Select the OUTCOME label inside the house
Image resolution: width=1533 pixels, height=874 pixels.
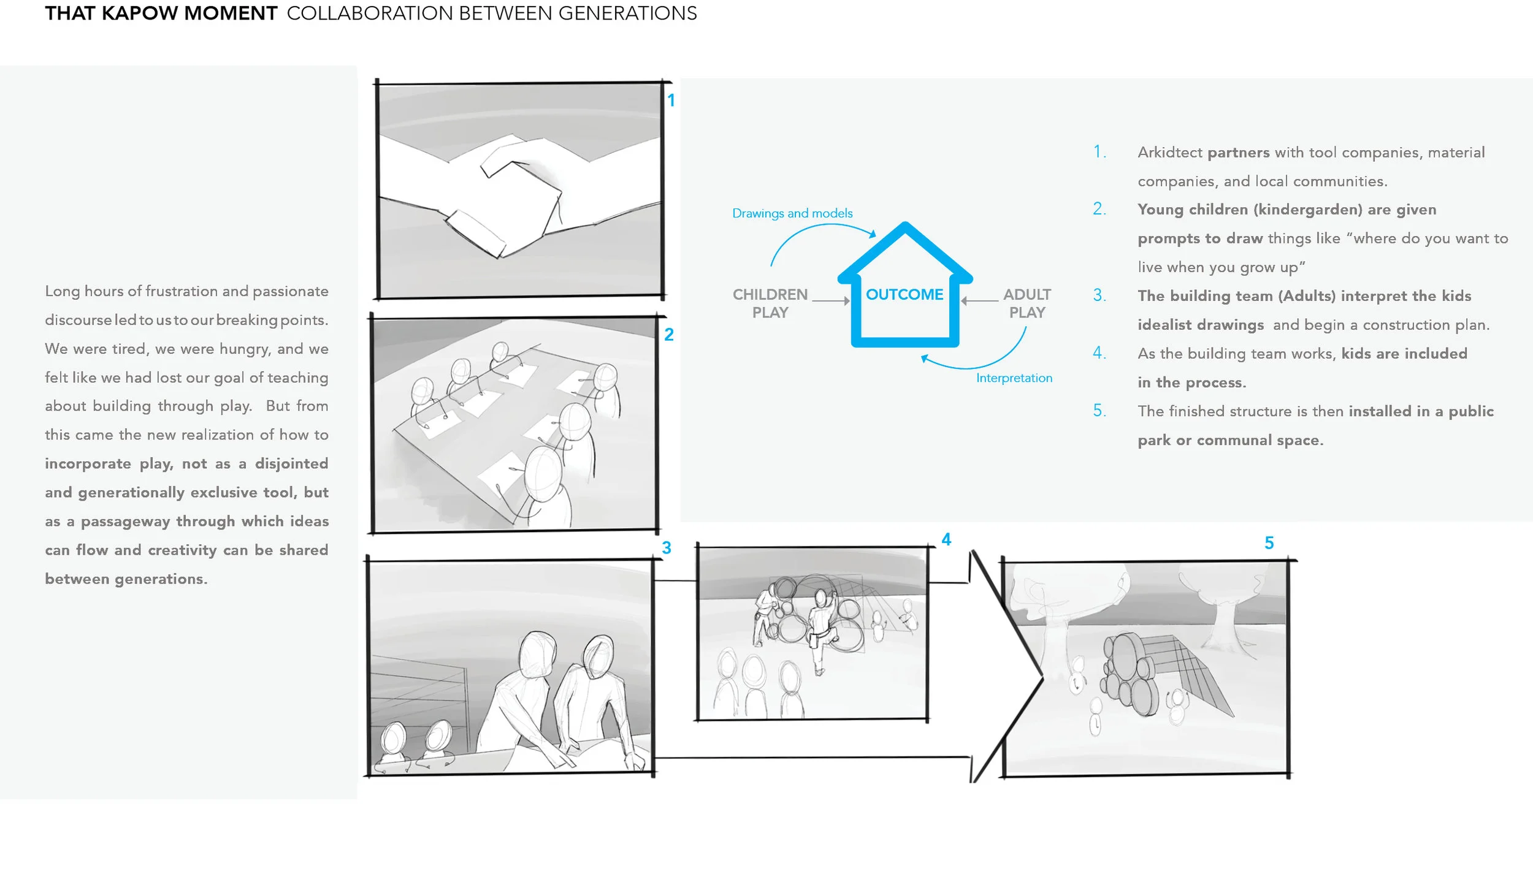904,295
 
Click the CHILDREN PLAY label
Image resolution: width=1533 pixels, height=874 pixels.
770,303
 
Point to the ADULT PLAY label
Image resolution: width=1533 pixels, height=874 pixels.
1027,303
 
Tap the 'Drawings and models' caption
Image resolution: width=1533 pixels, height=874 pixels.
792,213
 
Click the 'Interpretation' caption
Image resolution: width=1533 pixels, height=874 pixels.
1014,378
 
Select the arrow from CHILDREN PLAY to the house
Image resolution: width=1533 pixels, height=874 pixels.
831,301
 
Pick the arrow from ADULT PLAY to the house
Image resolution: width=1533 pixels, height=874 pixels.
980,301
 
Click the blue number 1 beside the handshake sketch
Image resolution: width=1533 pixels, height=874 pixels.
671,101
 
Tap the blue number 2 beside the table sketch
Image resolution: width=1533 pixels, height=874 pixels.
669,335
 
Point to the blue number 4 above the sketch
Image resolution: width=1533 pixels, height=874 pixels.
946,539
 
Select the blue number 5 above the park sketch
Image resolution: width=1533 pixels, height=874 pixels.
1269,543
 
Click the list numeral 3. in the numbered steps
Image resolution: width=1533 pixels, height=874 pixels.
1099,295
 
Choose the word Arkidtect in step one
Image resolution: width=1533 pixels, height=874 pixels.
1170,153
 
